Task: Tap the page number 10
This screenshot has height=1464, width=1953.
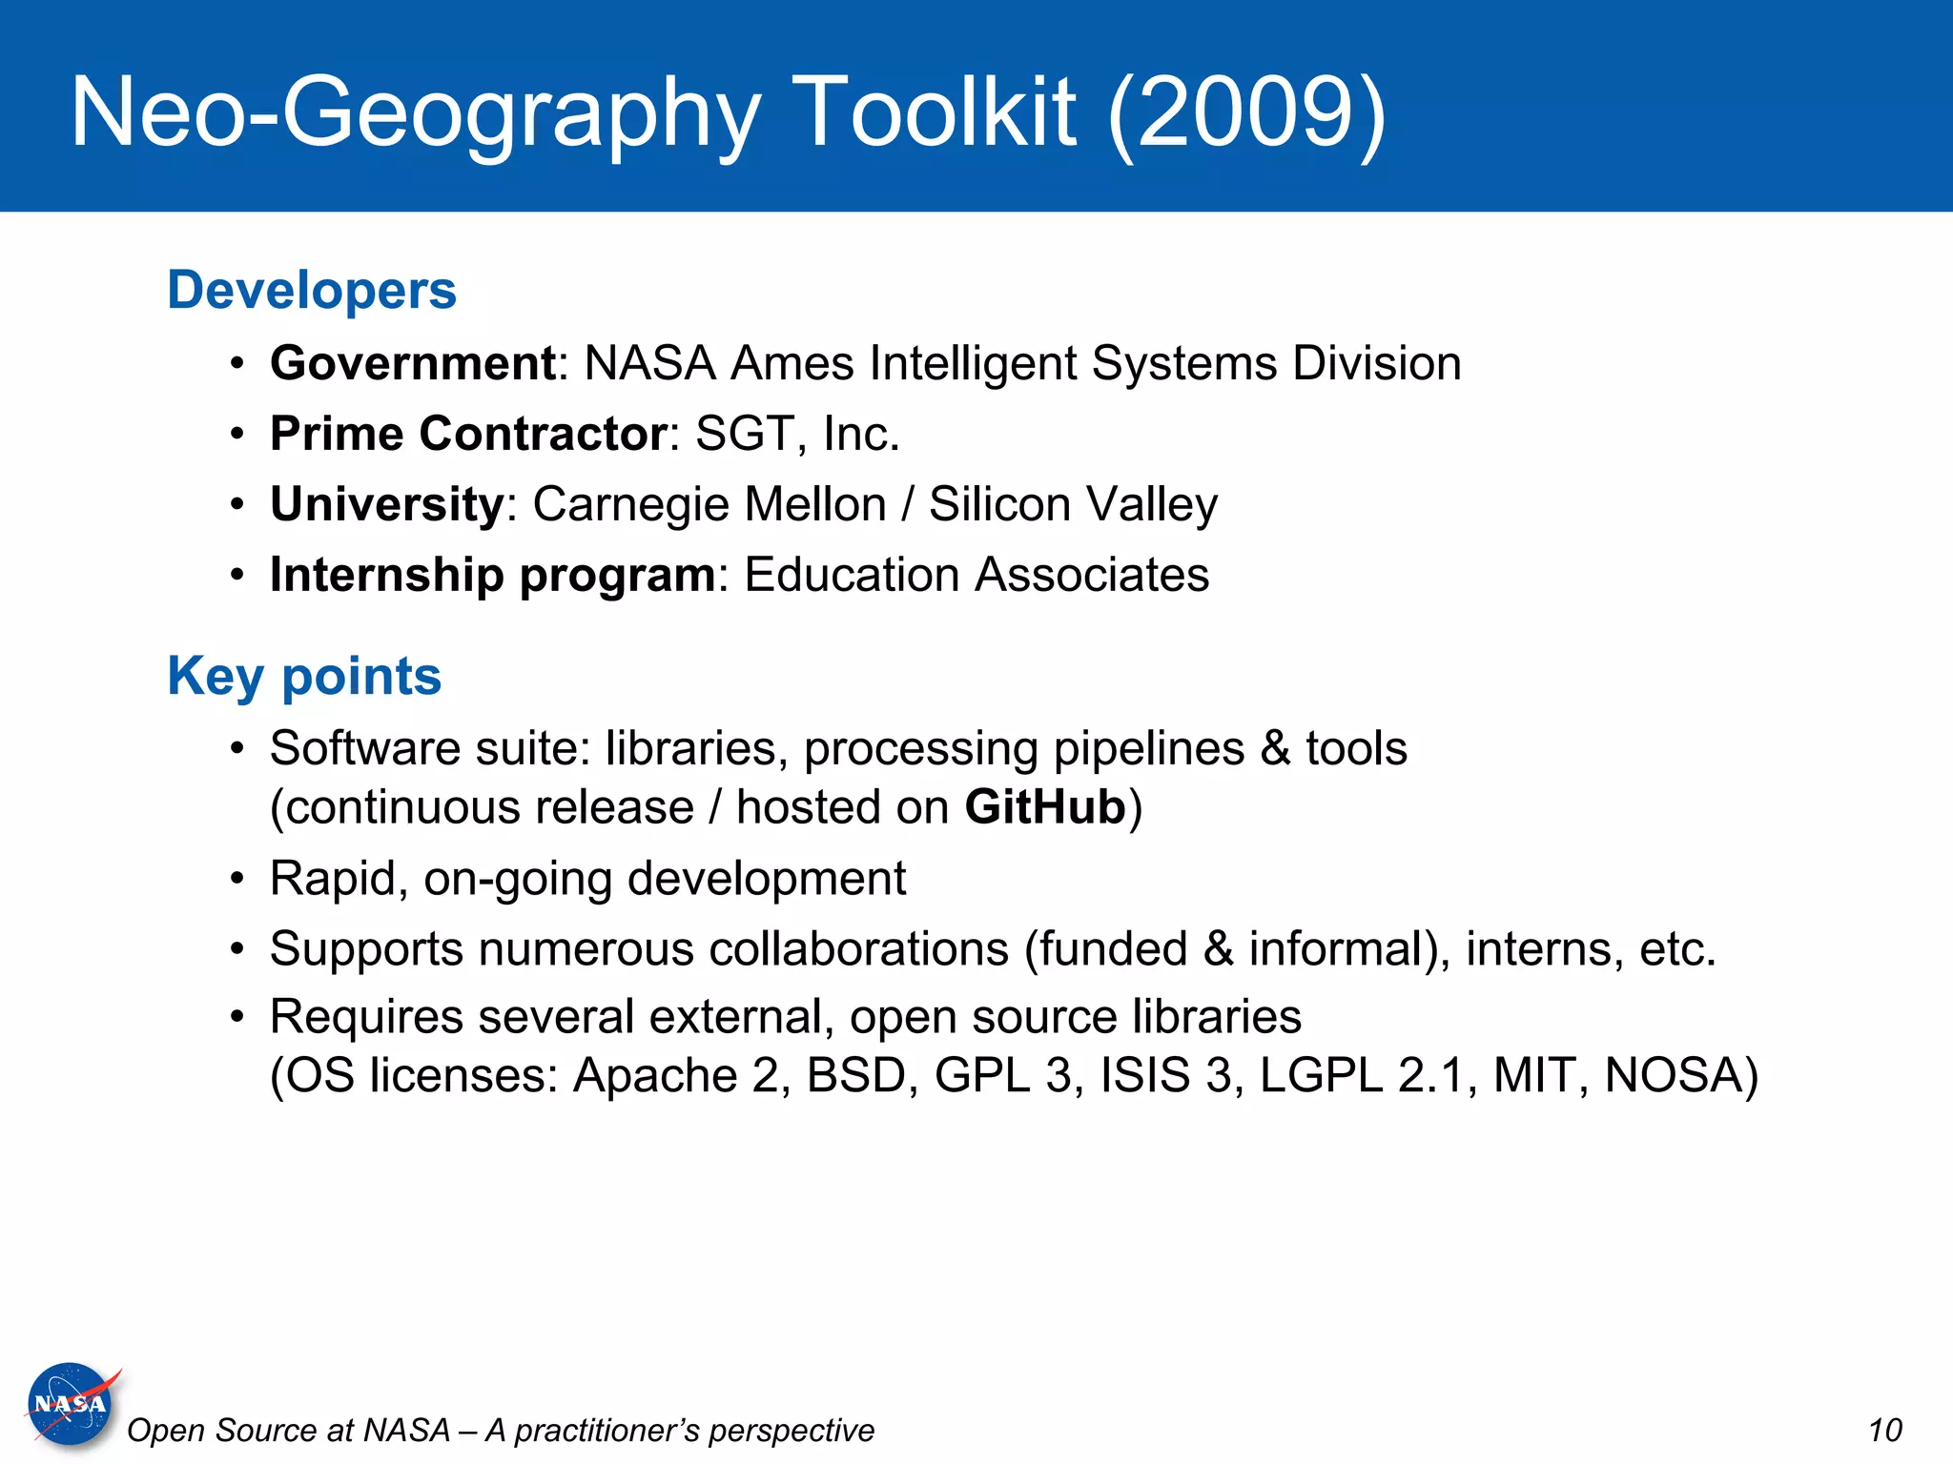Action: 1884,1431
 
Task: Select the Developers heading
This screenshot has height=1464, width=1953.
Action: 312,290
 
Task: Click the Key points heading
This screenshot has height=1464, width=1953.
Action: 304,677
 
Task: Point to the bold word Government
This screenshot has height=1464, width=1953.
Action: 413,363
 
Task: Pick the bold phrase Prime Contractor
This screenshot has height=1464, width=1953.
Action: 468,434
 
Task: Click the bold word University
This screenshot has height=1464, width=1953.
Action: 386,504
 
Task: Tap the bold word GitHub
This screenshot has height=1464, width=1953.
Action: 1045,807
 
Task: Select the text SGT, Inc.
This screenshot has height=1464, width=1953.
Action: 797,434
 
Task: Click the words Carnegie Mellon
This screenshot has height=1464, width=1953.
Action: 709,504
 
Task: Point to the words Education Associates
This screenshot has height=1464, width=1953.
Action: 976,575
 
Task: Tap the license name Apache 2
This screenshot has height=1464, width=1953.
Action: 675,1075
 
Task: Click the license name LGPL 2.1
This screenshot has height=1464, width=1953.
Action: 1365,1075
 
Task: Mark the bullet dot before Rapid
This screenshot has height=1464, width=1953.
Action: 237,879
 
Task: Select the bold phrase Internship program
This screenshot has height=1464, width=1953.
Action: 492,575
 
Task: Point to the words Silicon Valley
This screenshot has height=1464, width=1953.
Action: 1073,504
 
